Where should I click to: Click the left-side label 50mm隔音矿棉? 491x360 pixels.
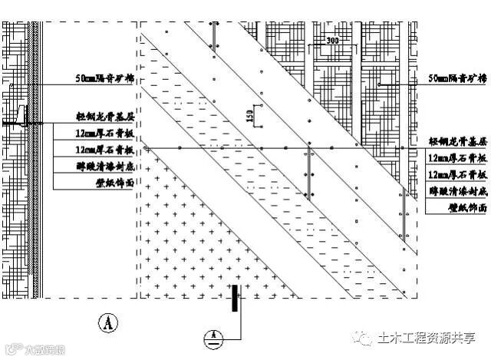(x=104, y=79)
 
